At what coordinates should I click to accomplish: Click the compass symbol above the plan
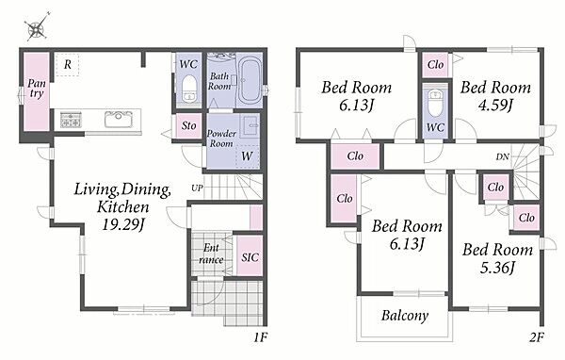pyautogui.click(x=37, y=27)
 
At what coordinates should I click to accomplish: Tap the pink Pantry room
pyautogui.click(x=37, y=91)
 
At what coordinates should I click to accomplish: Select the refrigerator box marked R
pyautogui.click(x=68, y=65)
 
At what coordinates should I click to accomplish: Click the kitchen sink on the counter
pyautogui.click(x=119, y=120)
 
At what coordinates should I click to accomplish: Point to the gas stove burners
pyautogui.click(x=71, y=120)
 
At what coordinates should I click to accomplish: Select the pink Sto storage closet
pyautogui.click(x=188, y=126)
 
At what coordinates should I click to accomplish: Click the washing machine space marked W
pyautogui.click(x=247, y=156)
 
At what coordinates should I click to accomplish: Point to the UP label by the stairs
pyautogui.click(x=197, y=188)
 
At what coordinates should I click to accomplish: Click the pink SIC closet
pyautogui.click(x=250, y=255)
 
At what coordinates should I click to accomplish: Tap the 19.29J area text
pyautogui.click(x=123, y=225)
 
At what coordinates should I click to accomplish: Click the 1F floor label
pyautogui.click(x=260, y=337)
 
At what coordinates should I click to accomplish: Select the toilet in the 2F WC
pyautogui.click(x=435, y=103)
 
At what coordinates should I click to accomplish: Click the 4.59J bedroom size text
pyautogui.click(x=495, y=105)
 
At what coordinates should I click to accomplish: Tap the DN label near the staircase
pyautogui.click(x=502, y=157)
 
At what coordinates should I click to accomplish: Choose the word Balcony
pyautogui.click(x=405, y=316)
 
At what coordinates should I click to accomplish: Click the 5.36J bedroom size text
pyautogui.click(x=497, y=268)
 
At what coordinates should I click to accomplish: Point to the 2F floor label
pyautogui.click(x=536, y=337)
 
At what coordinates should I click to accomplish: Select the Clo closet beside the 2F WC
pyautogui.click(x=435, y=65)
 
